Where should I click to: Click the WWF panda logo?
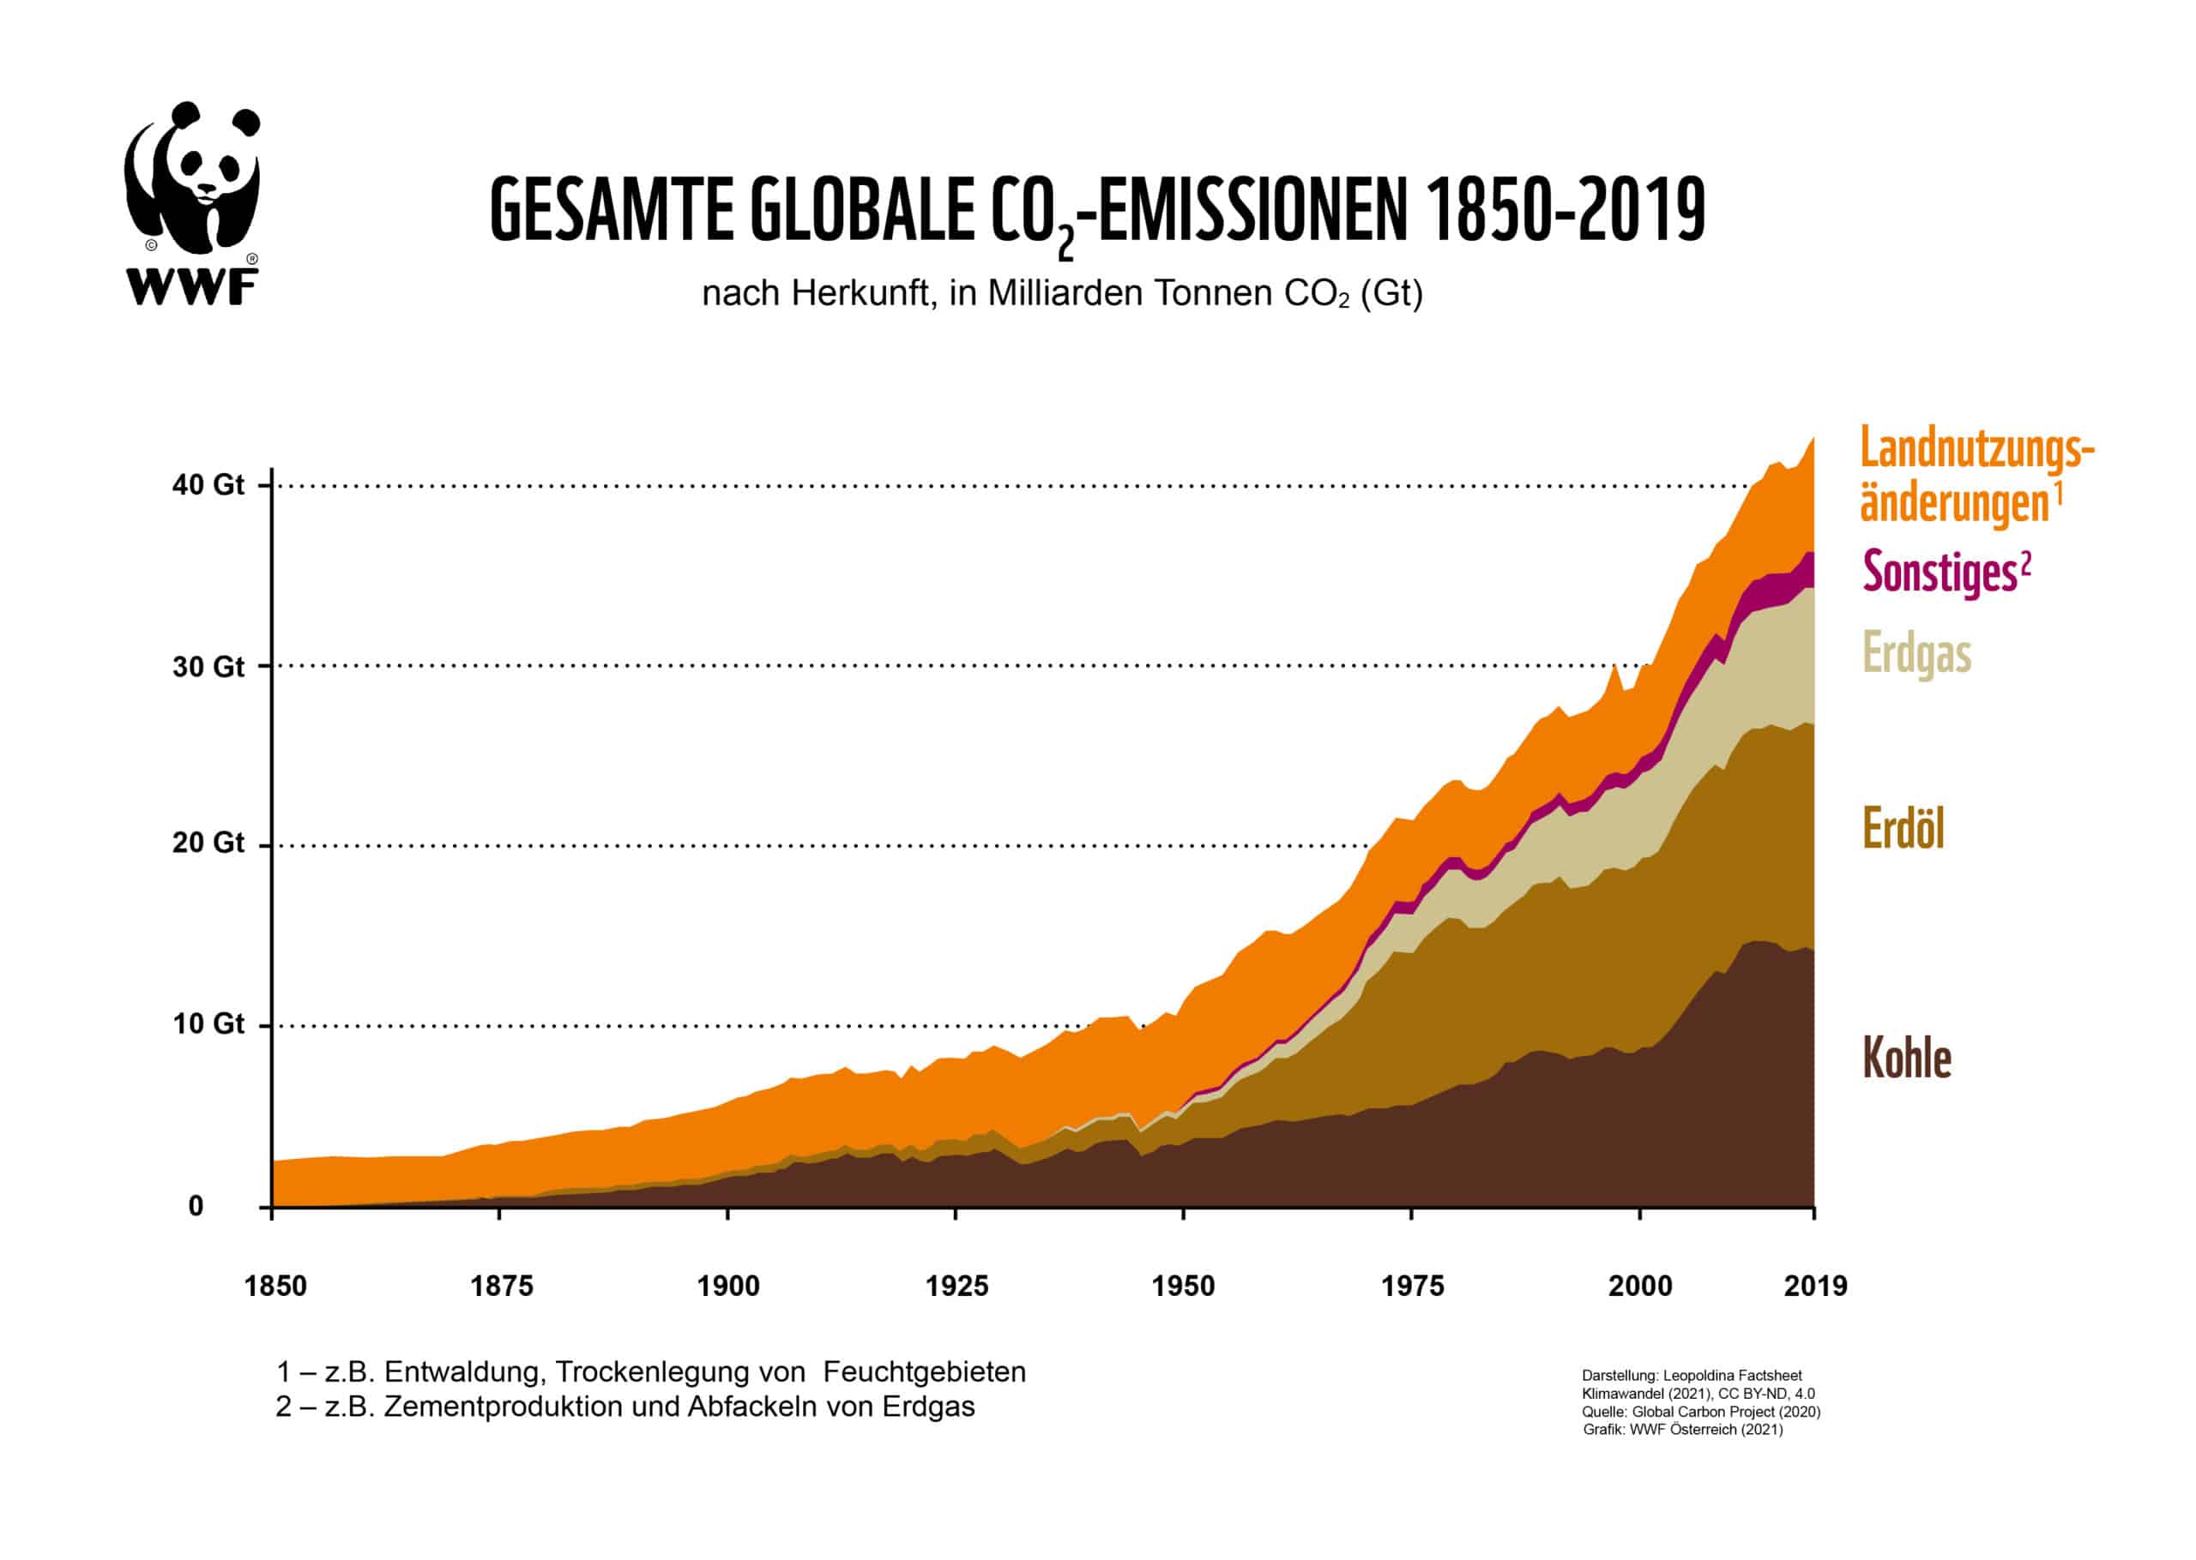click(x=192, y=201)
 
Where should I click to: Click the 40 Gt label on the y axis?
click(x=208, y=484)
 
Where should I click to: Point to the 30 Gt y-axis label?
click(x=208, y=666)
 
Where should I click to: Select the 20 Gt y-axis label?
click(x=208, y=843)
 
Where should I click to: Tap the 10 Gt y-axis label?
click(x=208, y=1023)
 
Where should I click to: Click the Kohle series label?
click(x=1907, y=1058)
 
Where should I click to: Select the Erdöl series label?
click(x=1903, y=827)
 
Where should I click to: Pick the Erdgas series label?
click(x=1916, y=654)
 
